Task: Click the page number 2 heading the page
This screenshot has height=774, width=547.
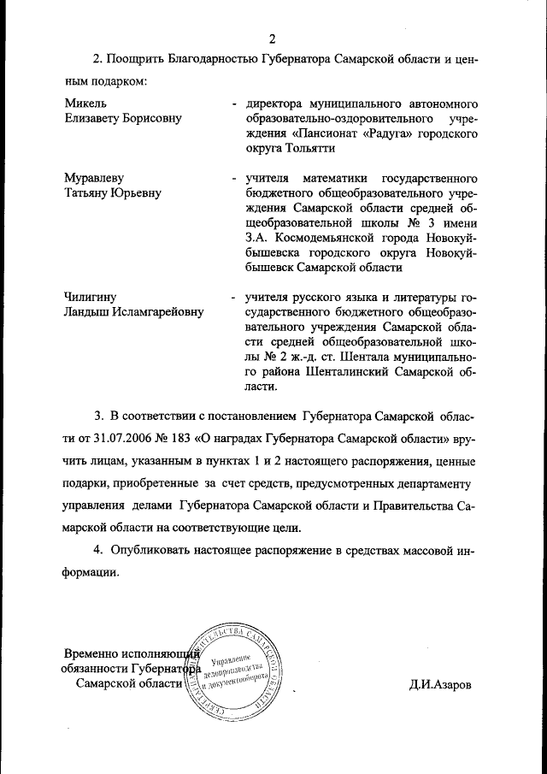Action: (273, 38)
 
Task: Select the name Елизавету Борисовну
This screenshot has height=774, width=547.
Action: (123, 118)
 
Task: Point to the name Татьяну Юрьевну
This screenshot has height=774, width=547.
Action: (114, 193)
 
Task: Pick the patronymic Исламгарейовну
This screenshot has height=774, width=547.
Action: (162, 312)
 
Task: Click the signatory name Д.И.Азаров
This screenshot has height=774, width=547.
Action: (439, 685)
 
